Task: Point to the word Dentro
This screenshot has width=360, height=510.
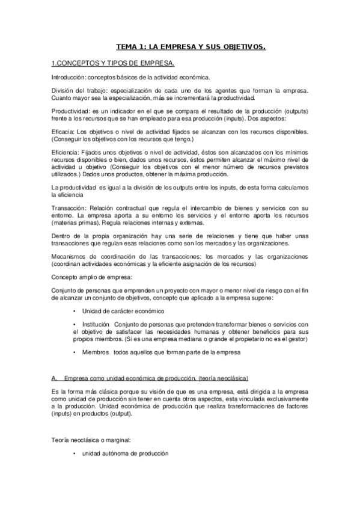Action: point(62,237)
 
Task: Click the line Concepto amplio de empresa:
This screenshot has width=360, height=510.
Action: point(91,277)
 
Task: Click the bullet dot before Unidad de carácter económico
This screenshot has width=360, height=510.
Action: point(74,311)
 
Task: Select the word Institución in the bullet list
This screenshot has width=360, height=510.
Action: point(97,325)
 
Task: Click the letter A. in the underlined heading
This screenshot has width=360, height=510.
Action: point(55,378)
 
